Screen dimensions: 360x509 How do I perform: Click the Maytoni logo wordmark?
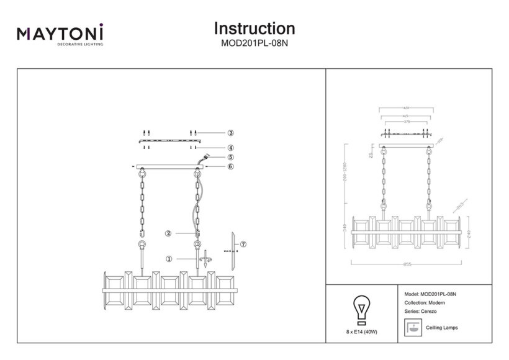coord(60,33)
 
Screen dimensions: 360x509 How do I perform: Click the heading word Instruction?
coord(254,29)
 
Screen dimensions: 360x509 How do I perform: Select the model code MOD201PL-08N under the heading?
coord(254,44)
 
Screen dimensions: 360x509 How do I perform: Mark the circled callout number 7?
coord(243,245)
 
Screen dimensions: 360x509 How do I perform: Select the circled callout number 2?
coord(168,234)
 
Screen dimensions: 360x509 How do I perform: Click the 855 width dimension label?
coord(406,264)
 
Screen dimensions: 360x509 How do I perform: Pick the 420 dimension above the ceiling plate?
coord(406,108)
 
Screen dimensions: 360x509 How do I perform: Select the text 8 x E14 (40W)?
coord(361,333)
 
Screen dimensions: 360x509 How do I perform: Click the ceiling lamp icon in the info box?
coord(411,326)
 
